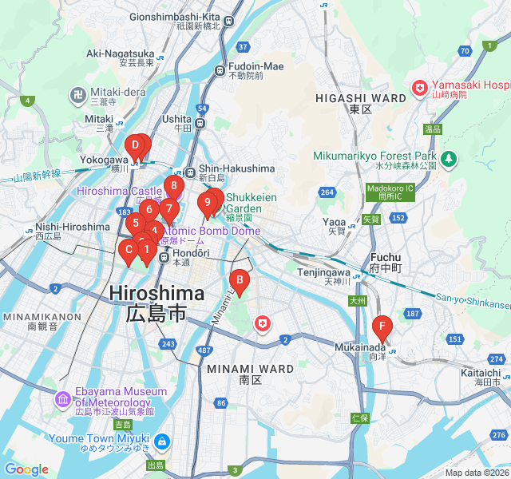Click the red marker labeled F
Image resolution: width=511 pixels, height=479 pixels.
382,327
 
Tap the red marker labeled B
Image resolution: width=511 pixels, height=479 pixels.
239,279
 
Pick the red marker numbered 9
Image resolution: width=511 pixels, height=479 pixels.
207,203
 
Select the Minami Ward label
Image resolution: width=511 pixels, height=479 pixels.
240,369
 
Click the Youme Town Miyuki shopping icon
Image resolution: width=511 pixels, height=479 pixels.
161,440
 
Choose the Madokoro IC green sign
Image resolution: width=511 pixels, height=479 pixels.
390,192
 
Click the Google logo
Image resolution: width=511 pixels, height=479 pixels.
26,469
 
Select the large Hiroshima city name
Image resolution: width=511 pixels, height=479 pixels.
156,293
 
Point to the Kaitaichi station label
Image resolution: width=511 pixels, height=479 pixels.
481,373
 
